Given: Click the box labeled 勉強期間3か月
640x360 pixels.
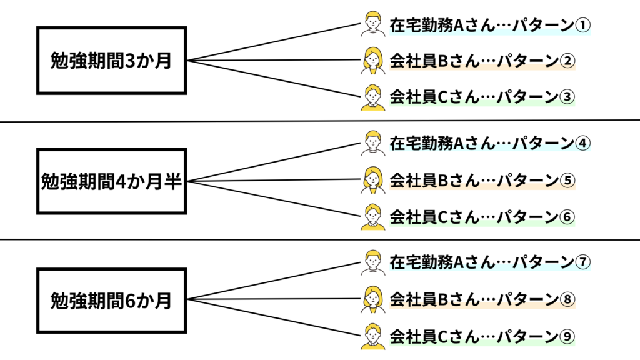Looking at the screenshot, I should click(112, 61).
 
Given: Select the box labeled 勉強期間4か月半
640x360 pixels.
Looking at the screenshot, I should click(112, 181).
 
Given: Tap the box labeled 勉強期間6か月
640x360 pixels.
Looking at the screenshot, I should click(112, 301).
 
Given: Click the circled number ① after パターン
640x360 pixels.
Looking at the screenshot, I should click(582, 25).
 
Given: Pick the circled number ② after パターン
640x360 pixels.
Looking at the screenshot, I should click(567, 61).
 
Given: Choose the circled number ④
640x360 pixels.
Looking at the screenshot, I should click(582, 144).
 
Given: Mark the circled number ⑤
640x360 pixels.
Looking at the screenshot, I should click(567, 181).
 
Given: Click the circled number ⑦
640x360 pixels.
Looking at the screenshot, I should click(582, 262).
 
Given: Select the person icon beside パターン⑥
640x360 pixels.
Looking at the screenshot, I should click(372, 217).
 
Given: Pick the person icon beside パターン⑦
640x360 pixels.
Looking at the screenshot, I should click(372, 262).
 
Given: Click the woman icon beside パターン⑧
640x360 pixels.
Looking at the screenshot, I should click(372, 299).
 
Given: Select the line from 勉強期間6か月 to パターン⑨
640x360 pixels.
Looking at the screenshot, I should click(275, 317).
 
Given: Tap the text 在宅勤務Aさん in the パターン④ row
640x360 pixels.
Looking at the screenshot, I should click(425, 144).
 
